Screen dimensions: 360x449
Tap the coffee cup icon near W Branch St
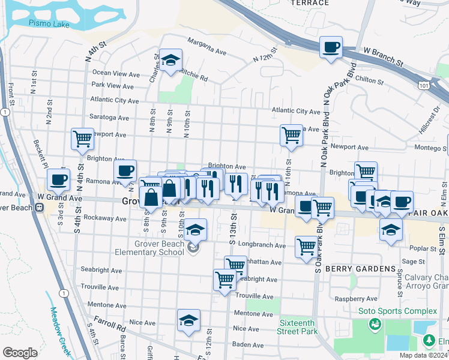click(x=331, y=47)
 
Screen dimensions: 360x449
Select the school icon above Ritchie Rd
click(x=170, y=60)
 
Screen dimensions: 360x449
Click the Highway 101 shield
click(x=424, y=86)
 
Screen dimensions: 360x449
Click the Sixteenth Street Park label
click(x=298, y=326)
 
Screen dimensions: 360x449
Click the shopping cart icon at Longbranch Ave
click(x=306, y=246)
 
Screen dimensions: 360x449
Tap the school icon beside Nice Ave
click(x=188, y=320)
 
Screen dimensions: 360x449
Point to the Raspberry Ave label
click(x=358, y=298)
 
